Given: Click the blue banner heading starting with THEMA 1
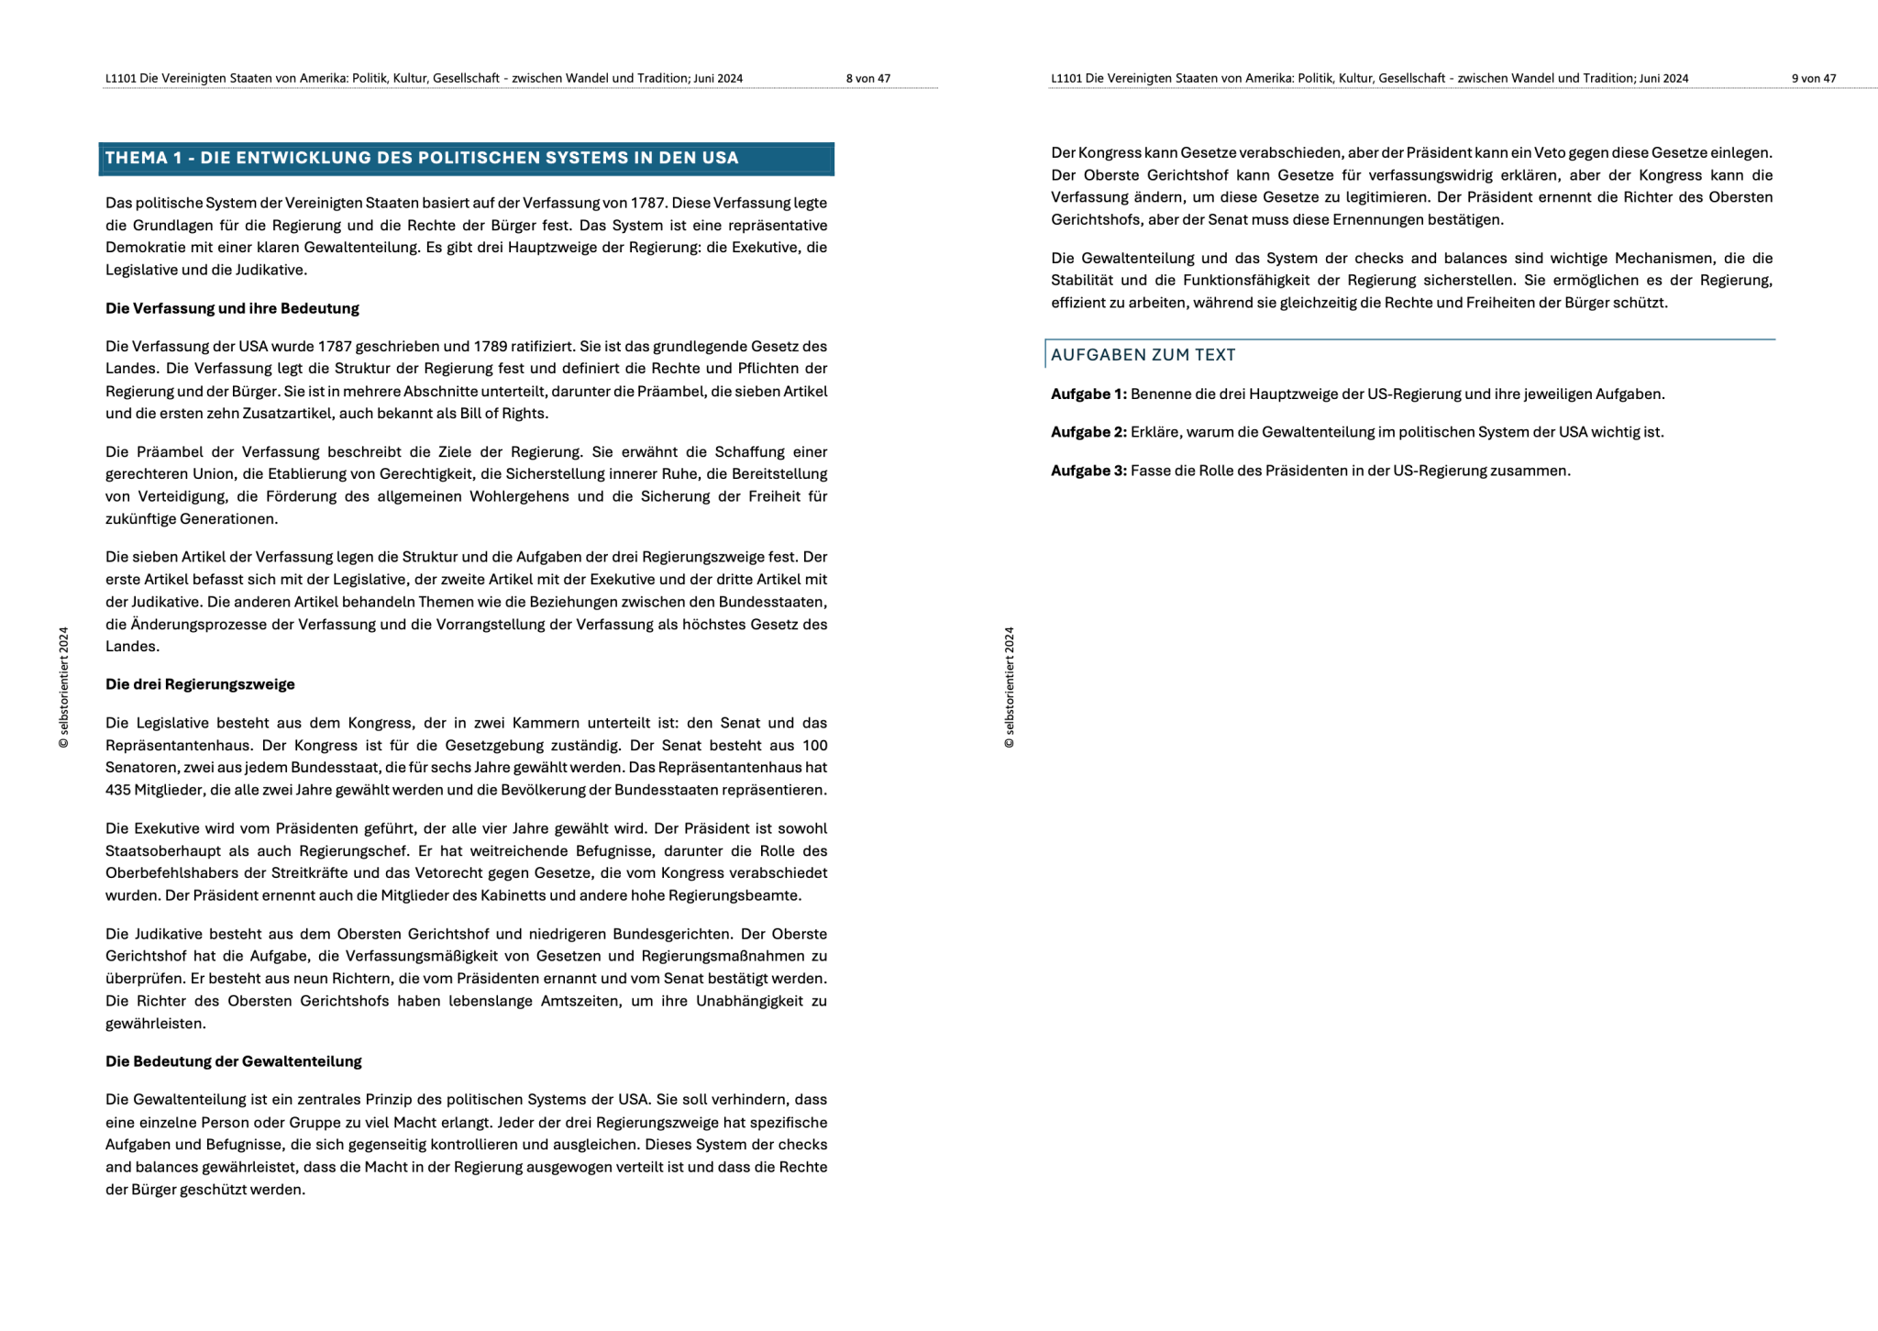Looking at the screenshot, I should tap(422, 158).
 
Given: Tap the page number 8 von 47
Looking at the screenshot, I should tap(867, 79).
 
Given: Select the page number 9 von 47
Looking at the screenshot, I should tap(1813, 79).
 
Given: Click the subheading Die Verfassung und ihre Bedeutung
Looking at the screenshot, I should tap(232, 308).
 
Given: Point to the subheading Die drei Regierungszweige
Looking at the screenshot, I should tap(200, 684).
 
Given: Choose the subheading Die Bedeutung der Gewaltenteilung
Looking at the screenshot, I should tap(233, 1061).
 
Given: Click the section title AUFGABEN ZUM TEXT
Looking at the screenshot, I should tap(1143, 355).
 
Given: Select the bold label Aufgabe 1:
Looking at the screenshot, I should tap(1088, 394).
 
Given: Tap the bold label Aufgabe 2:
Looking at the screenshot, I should tap(1088, 432).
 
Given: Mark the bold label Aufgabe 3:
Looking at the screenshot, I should tap(1088, 471).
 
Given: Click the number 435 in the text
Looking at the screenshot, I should tap(118, 790).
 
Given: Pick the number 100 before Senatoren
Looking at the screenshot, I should tap(814, 746).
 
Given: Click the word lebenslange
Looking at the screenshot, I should tap(490, 1001).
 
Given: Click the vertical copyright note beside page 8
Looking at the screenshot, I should tap(63, 687).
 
